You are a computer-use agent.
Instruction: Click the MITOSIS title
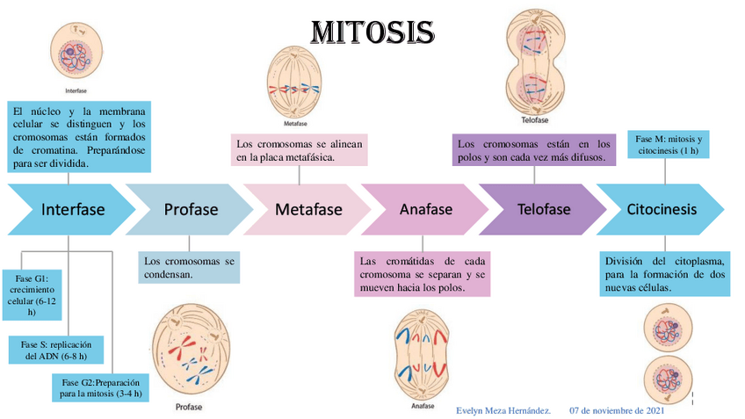click(x=372, y=33)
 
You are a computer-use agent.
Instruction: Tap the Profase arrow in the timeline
click(x=190, y=209)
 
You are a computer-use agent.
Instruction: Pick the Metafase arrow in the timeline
click(x=307, y=209)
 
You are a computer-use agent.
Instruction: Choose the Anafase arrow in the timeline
click(x=425, y=209)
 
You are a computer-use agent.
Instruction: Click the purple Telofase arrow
click(x=543, y=209)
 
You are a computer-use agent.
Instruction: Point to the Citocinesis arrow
click(x=661, y=209)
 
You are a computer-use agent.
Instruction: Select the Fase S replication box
click(x=56, y=349)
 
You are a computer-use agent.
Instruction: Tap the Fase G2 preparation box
click(x=100, y=387)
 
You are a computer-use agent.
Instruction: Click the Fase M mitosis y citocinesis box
click(x=668, y=145)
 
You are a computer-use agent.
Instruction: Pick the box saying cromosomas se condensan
click(x=189, y=268)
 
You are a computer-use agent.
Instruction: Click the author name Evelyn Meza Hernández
click(x=503, y=411)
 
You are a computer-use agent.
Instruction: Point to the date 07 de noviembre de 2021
click(x=618, y=411)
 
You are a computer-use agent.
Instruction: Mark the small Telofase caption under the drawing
click(x=535, y=119)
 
